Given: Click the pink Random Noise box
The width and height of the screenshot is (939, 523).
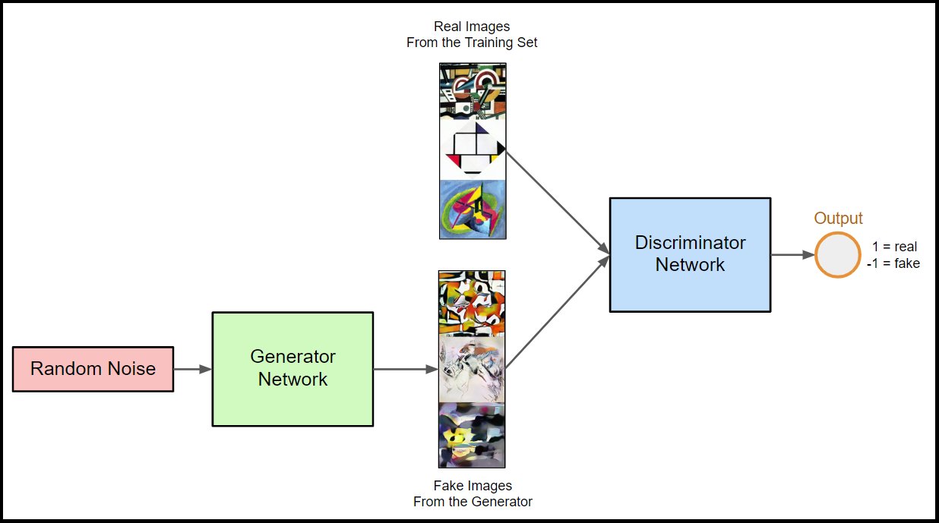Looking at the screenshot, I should point(93,369).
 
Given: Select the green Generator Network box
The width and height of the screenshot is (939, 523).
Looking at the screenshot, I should point(292,368).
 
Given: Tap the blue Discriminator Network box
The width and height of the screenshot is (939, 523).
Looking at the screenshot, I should point(690,254).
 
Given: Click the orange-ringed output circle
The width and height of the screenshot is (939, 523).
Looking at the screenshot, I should point(838,254).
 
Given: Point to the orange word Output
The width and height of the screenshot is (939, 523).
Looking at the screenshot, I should point(839,219).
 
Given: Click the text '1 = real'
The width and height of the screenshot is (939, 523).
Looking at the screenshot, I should point(895,247).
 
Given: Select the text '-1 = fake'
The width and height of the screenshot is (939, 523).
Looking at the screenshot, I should point(893,263).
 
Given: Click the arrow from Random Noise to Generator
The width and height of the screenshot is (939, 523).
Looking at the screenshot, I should point(192,369).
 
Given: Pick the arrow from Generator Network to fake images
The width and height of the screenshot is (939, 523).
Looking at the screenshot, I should point(406,370).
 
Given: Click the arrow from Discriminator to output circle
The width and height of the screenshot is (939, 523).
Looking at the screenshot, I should point(792,254).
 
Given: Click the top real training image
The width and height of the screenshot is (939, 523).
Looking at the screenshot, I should point(473,91).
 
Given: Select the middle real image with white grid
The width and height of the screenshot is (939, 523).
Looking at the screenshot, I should point(473,150).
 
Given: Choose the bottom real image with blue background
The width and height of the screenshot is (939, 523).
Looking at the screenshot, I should point(473,209).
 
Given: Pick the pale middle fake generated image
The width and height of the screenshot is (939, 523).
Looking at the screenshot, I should point(472,370).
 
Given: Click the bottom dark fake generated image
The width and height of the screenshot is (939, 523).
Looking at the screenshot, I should point(472,434).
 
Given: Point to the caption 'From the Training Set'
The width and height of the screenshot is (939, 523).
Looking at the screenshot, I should point(472,43).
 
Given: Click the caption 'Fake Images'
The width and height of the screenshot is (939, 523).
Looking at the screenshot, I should point(473,486).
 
